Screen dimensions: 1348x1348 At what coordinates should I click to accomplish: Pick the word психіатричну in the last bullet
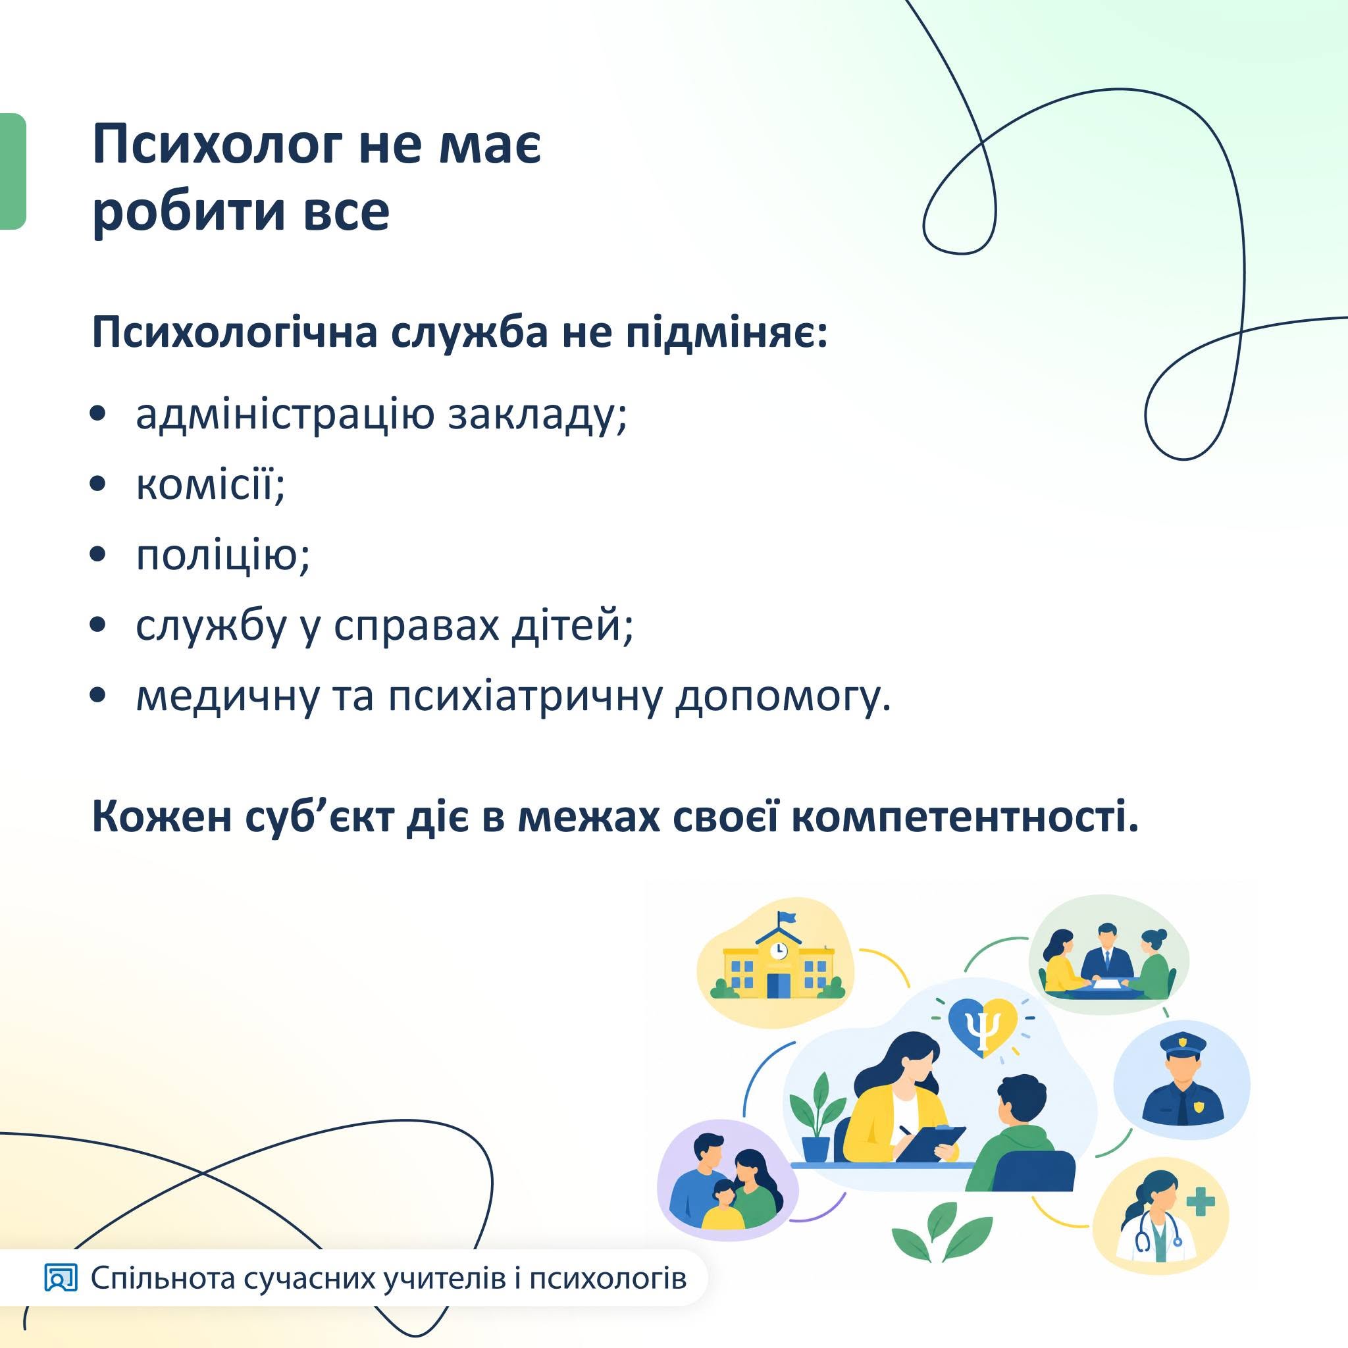[524, 697]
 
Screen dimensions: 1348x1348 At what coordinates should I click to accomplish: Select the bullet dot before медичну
[98, 696]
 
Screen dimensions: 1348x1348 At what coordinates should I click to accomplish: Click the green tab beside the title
[13, 171]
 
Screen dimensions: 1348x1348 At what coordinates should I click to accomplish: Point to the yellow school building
[775, 963]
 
